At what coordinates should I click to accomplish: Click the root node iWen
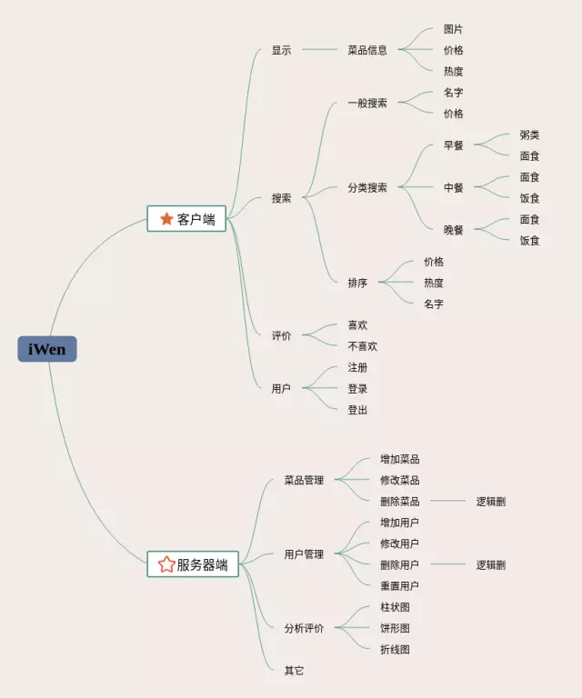click(47, 349)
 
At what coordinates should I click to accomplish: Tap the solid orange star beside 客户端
click(166, 219)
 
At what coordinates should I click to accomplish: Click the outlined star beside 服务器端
click(166, 564)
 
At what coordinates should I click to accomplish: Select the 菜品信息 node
click(367, 50)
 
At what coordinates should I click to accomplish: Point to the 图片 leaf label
click(453, 29)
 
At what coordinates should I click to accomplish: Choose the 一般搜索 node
click(367, 104)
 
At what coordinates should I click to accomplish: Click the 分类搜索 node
click(367, 188)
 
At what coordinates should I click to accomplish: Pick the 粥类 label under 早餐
click(529, 135)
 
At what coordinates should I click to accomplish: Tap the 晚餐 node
click(454, 230)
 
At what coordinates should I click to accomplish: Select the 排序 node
click(357, 283)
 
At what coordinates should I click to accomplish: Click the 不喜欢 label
click(362, 346)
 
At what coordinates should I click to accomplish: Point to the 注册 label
click(357, 367)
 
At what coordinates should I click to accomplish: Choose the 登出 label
click(357, 410)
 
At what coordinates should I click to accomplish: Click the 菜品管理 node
click(304, 480)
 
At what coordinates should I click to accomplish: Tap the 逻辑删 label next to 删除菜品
click(491, 501)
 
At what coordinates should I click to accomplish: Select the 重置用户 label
click(399, 586)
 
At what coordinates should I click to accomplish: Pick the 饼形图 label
click(395, 628)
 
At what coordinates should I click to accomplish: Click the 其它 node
click(294, 671)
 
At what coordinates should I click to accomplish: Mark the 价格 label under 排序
click(434, 262)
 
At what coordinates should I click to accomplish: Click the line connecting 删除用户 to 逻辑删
click(447, 564)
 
